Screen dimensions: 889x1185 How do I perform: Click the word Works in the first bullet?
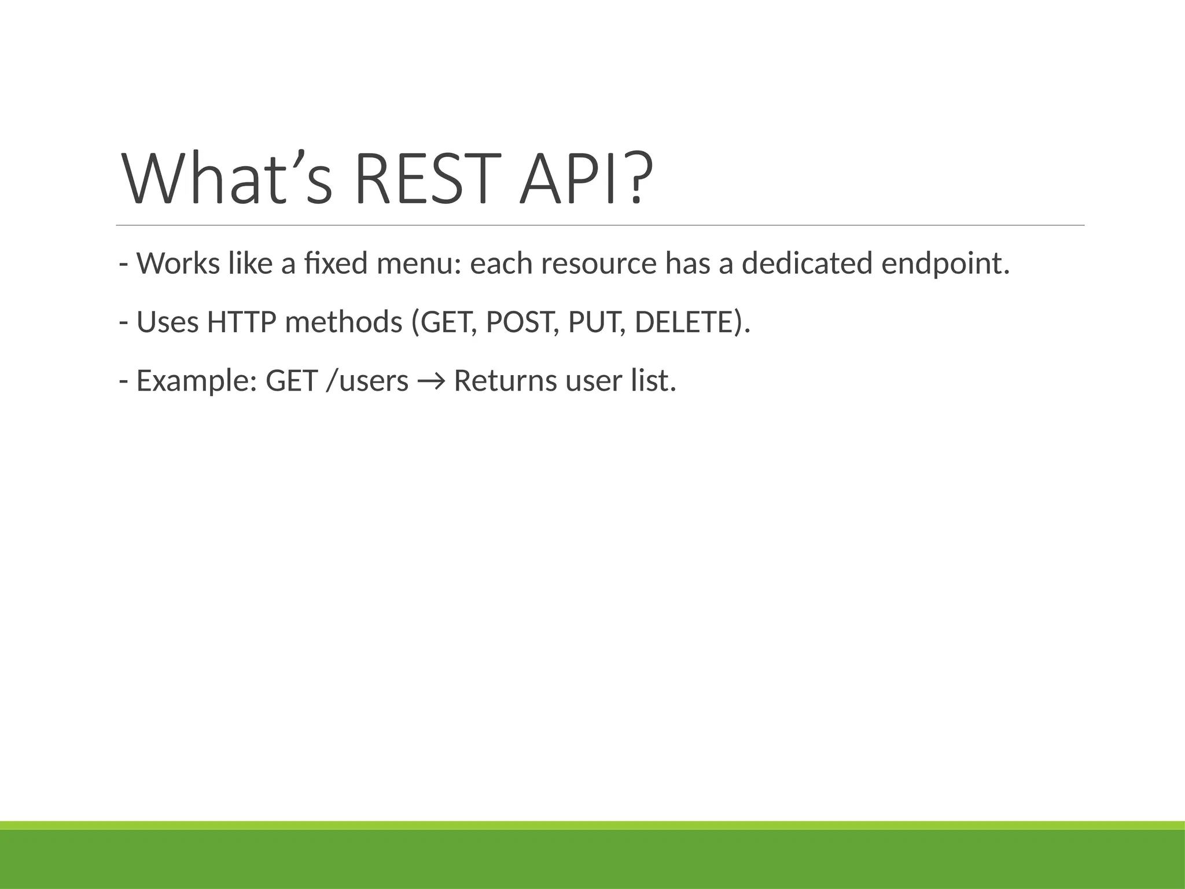coord(178,264)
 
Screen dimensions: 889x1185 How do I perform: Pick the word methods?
coord(344,322)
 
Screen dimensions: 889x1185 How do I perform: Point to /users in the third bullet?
coord(367,381)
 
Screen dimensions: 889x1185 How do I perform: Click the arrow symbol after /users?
coord(431,381)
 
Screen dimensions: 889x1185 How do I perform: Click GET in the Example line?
coord(292,381)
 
